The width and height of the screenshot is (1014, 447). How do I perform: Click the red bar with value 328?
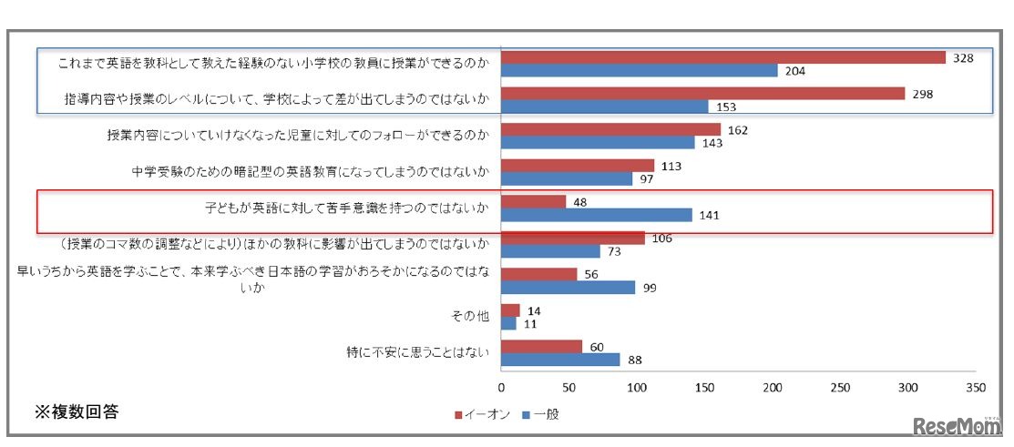tap(723, 57)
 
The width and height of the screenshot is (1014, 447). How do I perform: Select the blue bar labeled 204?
tap(639, 71)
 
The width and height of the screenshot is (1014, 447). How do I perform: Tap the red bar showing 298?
tap(702, 94)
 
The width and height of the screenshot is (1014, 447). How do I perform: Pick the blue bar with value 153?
tap(605, 107)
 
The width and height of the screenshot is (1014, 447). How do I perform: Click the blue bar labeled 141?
tap(597, 216)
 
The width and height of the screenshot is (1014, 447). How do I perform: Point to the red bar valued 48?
tap(533, 201)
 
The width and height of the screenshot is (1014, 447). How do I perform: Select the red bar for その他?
tap(510, 310)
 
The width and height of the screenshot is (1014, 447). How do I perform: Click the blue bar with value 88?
tap(560, 360)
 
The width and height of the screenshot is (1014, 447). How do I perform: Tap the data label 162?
tap(738, 130)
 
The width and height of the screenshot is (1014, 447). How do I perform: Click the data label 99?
tap(650, 288)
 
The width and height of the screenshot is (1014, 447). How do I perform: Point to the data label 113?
tap(671, 166)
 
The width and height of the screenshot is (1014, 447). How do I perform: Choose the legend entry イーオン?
tap(479, 414)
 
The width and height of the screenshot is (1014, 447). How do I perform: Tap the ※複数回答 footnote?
tap(76, 412)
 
